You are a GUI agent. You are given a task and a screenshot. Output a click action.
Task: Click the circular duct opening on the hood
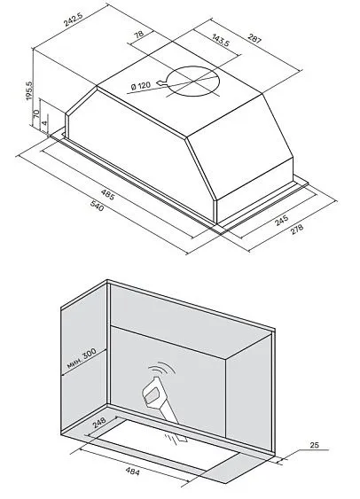pyautogui.click(x=188, y=87)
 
